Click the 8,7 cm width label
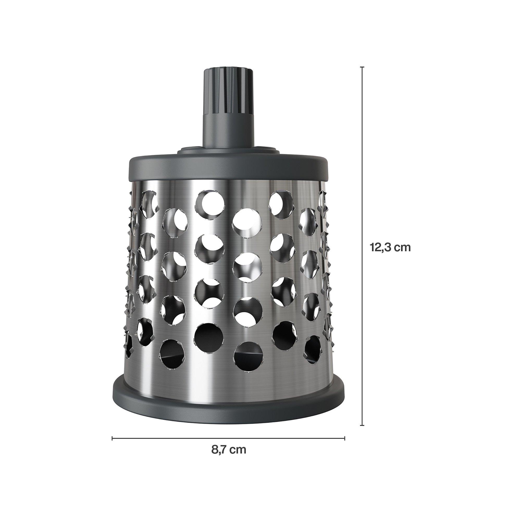click(229, 450)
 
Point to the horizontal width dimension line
click(228, 431)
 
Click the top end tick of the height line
click(362, 67)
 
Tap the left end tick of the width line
click(112, 431)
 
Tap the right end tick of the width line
click(345, 431)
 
